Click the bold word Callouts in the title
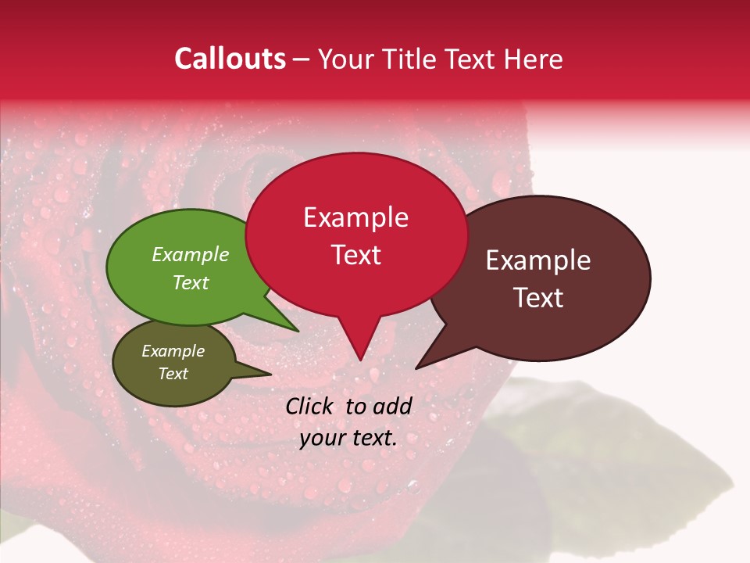click(x=230, y=59)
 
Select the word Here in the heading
click(x=532, y=59)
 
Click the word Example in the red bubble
click(x=355, y=217)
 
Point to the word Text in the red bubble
click(x=355, y=255)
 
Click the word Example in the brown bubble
click(x=538, y=260)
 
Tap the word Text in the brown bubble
click(x=538, y=298)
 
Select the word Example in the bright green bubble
click(x=191, y=255)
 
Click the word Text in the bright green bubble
click(x=191, y=282)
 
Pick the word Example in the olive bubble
click(x=173, y=351)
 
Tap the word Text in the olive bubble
click(x=173, y=374)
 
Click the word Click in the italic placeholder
click(x=310, y=406)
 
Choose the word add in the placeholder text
click(x=393, y=406)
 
